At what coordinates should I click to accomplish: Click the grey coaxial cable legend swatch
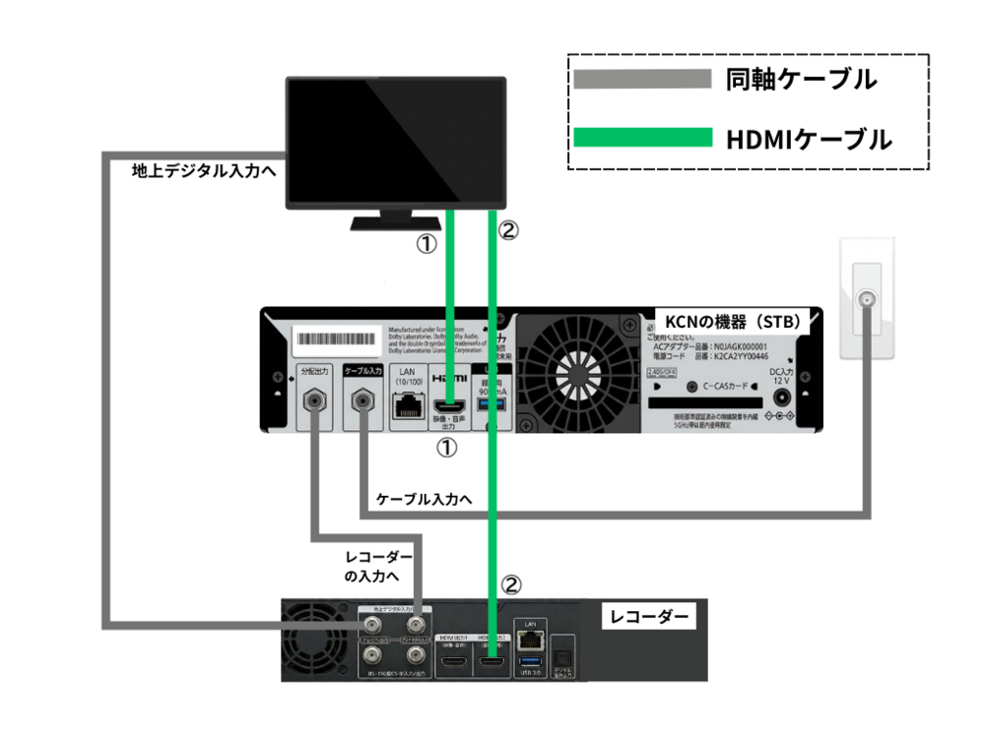pyautogui.click(x=642, y=79)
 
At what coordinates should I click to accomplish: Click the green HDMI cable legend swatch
pyautogui.click(x=642, y=138)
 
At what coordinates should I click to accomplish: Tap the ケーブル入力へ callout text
pyautogui.click(x=419, y=499)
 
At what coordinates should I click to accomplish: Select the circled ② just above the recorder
pyautogui.click(x=511, y=584)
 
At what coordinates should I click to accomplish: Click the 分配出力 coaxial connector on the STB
pyautogui.click(x=314, y=401)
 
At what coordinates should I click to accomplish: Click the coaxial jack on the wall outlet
pyautogui.click(x=867, y=298)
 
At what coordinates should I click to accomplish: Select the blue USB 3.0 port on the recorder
pyautogui.click(x=530, y=658)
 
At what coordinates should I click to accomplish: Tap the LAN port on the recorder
pyautogui.click(x=530, y=639)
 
